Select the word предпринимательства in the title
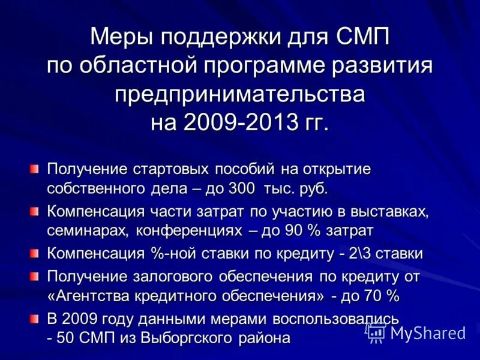240,94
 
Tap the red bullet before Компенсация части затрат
35,211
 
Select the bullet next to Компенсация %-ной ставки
35,253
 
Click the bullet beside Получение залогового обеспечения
35,276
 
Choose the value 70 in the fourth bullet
373,296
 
